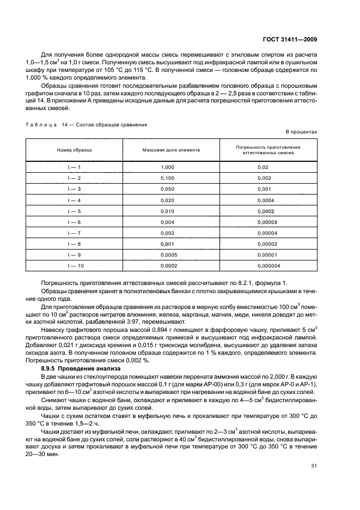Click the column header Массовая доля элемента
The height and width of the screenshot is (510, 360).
(171, 149)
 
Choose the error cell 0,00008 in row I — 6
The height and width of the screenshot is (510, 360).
(267, 222)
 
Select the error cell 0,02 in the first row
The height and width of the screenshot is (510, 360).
(263, 167)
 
